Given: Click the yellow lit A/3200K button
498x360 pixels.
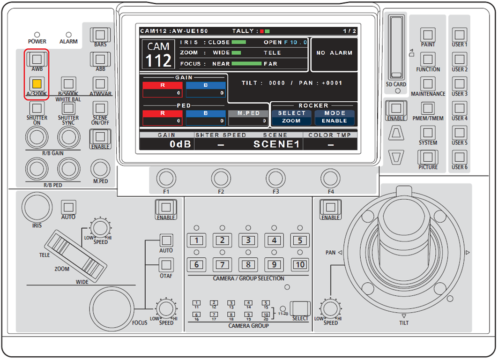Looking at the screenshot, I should tap(37, 84).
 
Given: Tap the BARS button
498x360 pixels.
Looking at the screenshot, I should tap(99, 34).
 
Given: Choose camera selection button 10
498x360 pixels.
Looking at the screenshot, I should tap(300, 264).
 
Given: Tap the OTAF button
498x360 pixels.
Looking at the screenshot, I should tap(166, 265).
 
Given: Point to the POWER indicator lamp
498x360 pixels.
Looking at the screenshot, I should tap(37, 35).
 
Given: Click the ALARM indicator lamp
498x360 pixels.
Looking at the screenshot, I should tap(68, 35).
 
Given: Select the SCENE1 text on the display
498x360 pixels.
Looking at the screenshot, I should tap(276, 144).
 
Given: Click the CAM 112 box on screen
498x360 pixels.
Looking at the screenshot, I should tap(159, 54).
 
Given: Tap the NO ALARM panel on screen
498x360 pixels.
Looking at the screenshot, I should tap(334, 53).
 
